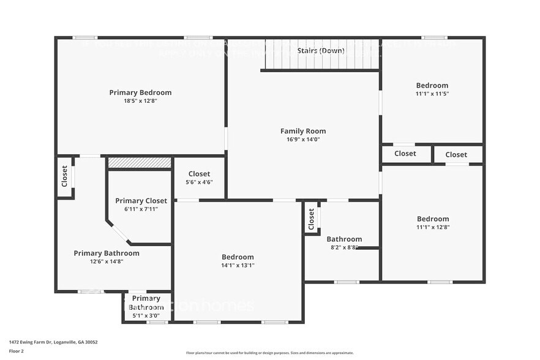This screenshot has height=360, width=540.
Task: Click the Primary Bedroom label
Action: point(140,92)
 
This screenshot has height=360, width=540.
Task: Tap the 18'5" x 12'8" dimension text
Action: point(140,101)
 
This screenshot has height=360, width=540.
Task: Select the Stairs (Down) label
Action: point(321,50)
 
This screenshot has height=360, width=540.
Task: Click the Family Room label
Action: point(303,131)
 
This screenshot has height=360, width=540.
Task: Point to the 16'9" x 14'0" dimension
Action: point(303,140)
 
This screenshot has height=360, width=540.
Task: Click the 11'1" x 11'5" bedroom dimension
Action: point(432,94)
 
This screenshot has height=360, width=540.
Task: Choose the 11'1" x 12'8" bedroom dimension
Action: point(433,228)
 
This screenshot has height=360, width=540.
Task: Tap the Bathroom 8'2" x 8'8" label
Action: point(344,239)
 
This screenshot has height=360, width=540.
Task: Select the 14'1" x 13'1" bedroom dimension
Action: point(238,266)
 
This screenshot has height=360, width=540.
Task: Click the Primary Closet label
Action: point(141,201)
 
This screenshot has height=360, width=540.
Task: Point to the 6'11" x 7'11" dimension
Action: point(141,209)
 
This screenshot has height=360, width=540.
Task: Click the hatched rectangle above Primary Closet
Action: point(140,163)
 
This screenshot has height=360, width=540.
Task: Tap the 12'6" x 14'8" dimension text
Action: point(107,261)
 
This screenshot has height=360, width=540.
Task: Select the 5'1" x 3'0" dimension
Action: point(146,316)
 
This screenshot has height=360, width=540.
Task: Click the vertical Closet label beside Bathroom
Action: point(312,219)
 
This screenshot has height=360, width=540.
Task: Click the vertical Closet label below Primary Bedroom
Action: point(64,176)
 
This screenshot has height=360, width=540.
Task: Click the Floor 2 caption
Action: point(17,351)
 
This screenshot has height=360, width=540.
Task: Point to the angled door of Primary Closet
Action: point(119,233)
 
